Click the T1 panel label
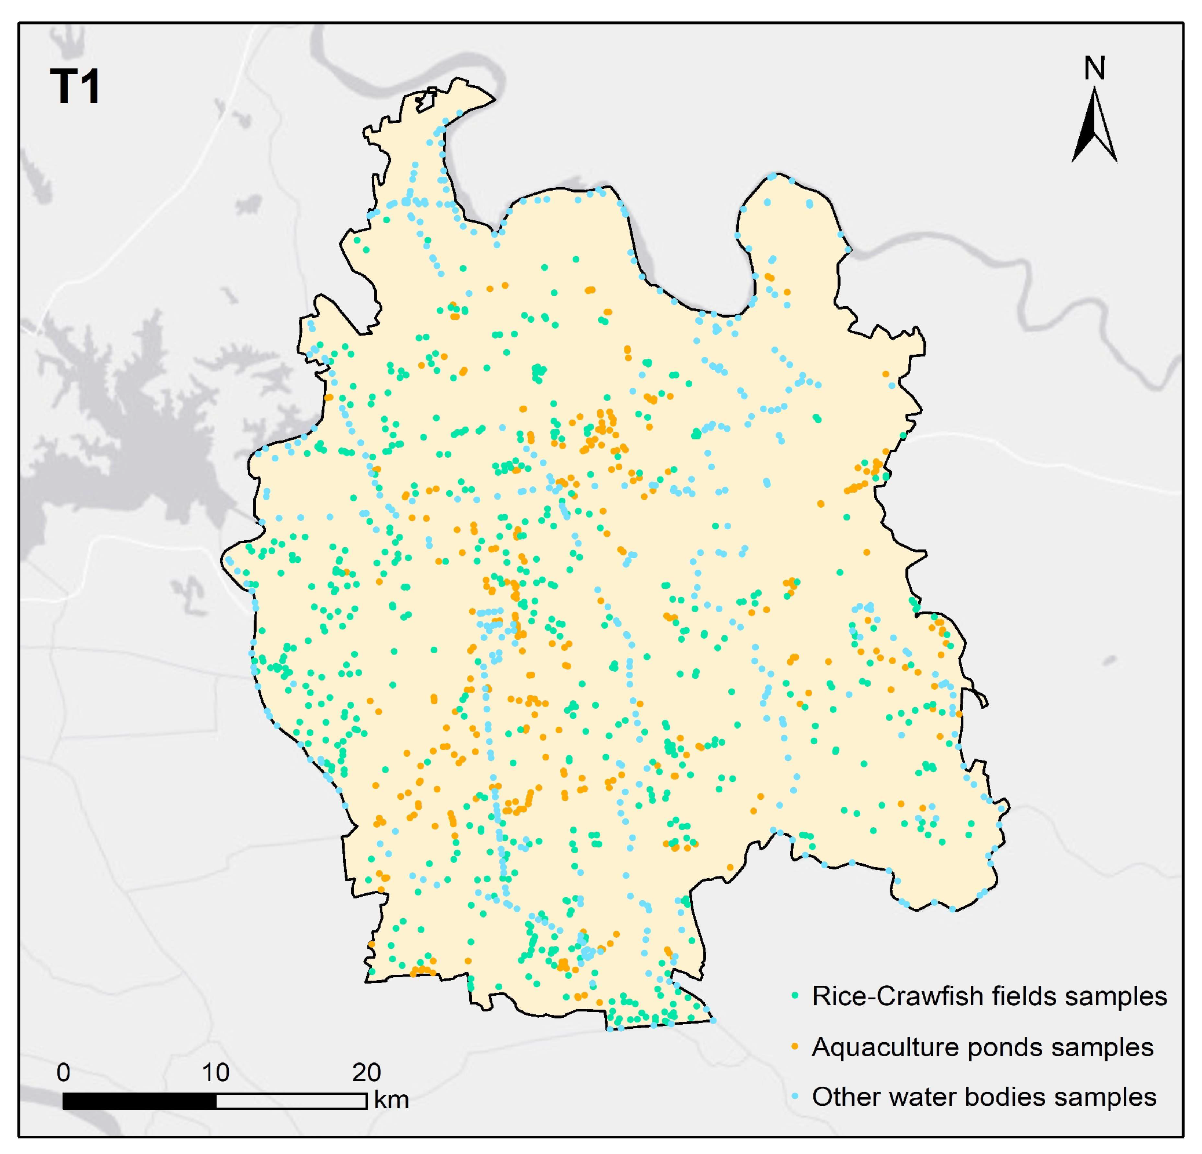pyautogui.click(x=75, y=87)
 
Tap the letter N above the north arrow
pyautogui.click(x=1095, y=69)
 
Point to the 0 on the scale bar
pyautogui.click(x=63, y=1072)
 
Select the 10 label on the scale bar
pyautogui.click(x=215, y=1072)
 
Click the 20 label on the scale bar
pyautogui.click(x=366, y=1072)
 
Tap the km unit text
pyautogui.click(x=391, y=1100)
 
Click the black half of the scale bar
pyautogui.click(x=140, y=1101)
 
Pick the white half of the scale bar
pyautogui.click(x=291, y=1101)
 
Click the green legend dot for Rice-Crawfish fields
pyautogui.click(x=795, y=996)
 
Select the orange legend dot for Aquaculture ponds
pyautogui.click(x=795, y=1047)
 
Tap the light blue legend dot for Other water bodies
pyautogui.click(x=795, y=1097)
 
